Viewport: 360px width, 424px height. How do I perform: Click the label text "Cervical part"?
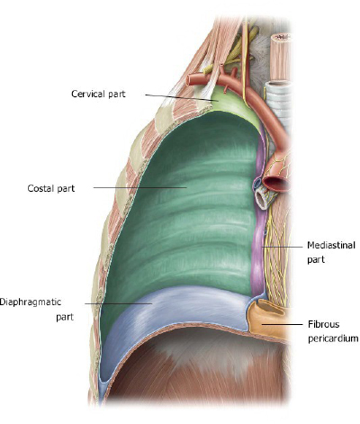pos(98,94)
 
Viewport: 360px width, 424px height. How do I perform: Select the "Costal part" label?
pos(51,188)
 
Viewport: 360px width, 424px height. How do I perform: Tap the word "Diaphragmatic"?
pos(31,302)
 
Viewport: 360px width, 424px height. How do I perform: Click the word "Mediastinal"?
pos(331,245)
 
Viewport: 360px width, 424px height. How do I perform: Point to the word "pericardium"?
pos(333,338)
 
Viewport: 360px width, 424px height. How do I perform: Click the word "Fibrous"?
pos(324,324)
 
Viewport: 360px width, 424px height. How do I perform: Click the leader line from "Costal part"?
pos(139,188)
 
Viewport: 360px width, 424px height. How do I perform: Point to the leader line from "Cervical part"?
pos(182,97)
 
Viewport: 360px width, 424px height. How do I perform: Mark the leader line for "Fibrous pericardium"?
pos(282,324)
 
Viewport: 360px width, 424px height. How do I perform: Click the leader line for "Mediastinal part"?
pos(282,247)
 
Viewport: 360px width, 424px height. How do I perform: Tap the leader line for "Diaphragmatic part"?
pos(118,303)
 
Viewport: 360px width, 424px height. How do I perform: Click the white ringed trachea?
pos(279,105)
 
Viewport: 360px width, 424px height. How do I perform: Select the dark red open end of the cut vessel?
pos(277,184)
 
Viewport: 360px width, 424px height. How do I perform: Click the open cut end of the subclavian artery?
pos(190,80)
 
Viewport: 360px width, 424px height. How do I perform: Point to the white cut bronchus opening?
pos(260,201)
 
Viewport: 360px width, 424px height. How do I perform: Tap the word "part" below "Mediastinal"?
pos(316,259)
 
